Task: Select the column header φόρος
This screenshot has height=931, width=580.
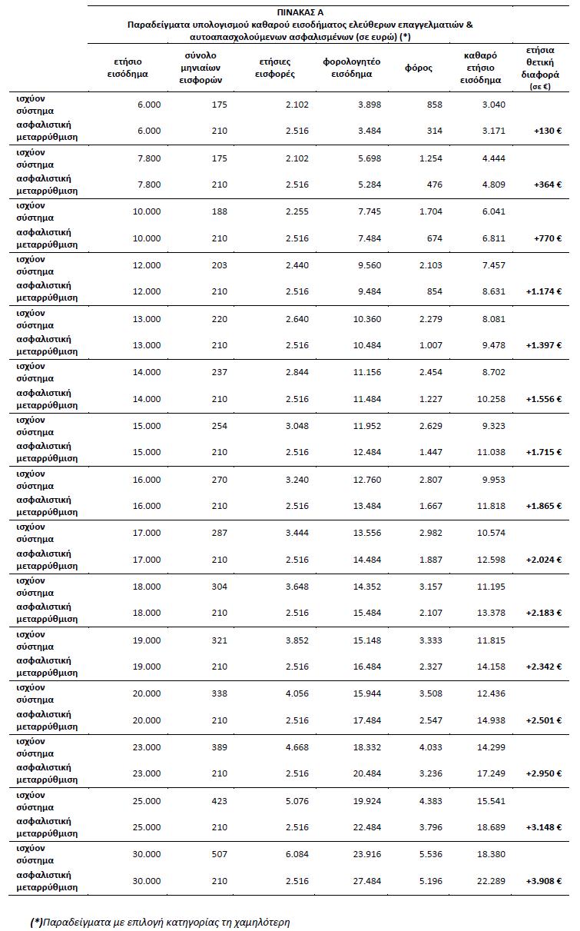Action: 419,68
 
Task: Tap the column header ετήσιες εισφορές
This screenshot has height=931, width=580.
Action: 274,68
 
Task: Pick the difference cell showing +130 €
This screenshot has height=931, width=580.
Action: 548,131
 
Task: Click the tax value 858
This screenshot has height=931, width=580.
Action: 434,104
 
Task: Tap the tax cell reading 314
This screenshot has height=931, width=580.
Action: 434,131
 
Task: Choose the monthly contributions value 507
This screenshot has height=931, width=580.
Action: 219,854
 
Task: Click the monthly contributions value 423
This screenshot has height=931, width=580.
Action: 219,800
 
